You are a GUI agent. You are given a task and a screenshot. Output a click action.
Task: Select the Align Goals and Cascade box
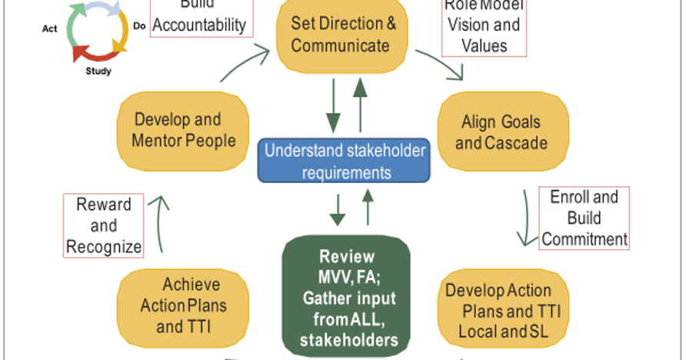tap(502, 132)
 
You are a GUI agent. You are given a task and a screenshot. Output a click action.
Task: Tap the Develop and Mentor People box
tap(182, 130)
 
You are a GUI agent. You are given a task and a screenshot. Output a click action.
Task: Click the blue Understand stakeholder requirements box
tap(344, 160)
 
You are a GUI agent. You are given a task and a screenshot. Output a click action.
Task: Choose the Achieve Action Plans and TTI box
tap(183, 305)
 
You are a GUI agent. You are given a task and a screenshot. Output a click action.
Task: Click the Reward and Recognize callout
tap(104, 225)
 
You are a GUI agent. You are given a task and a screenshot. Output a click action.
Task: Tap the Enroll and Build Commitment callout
tap(584, 218)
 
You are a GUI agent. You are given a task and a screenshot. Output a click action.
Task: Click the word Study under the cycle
tap(98, 72)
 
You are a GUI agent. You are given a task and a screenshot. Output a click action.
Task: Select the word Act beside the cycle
tap(49, 28)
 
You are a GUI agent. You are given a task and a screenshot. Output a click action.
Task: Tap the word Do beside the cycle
tap(140, 25)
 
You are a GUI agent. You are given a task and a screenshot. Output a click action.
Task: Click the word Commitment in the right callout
tap(584, 238)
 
